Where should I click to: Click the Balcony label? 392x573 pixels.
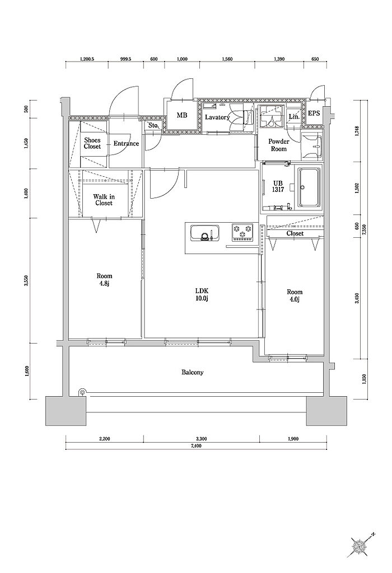coord(192,372)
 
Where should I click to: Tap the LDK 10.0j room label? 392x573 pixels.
coord(202,295)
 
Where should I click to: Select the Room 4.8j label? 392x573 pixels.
coord(104,280)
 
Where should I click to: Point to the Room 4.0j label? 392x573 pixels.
coord(295,295)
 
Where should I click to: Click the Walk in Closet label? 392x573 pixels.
coord(104,200)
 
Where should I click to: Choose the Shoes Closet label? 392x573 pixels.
coord(92,143)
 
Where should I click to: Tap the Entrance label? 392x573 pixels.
coord(126,143)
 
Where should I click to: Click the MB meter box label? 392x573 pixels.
coord(182,115)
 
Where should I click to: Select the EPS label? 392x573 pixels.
coord(314,113)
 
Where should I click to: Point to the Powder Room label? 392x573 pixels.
coord(279,145)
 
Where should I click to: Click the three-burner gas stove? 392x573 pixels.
coord(242,232)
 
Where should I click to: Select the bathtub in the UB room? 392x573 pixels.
coord(309,188)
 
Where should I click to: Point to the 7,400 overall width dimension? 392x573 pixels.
coord(197,446)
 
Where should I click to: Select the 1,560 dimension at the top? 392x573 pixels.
coord(227,59)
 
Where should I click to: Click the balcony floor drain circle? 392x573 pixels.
coord(83,392)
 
